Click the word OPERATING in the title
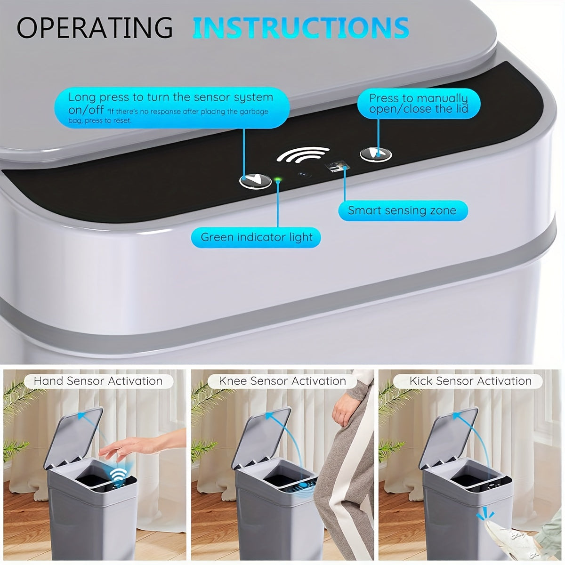[x=95, y=27]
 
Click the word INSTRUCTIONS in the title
[x=300, y=27]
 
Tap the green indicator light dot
[x=278, y=179]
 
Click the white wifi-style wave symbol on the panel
[x=303, y=157]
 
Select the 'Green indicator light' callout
[x=256, y=237]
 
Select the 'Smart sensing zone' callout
[x=403, y=210]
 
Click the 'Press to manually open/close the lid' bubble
[x=418, y=104]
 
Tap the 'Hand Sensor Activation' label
[x=98, y=381]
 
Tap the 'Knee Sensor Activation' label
[x=282, y=381]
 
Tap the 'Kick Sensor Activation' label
[x=470, y=381]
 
